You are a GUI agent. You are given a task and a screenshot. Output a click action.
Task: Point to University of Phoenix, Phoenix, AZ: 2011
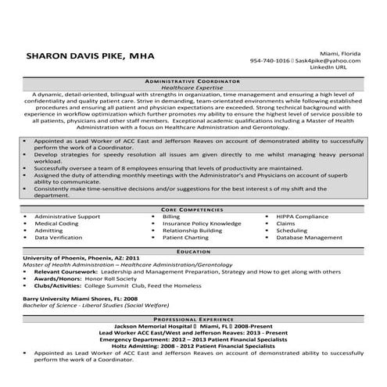click(81, 260)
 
